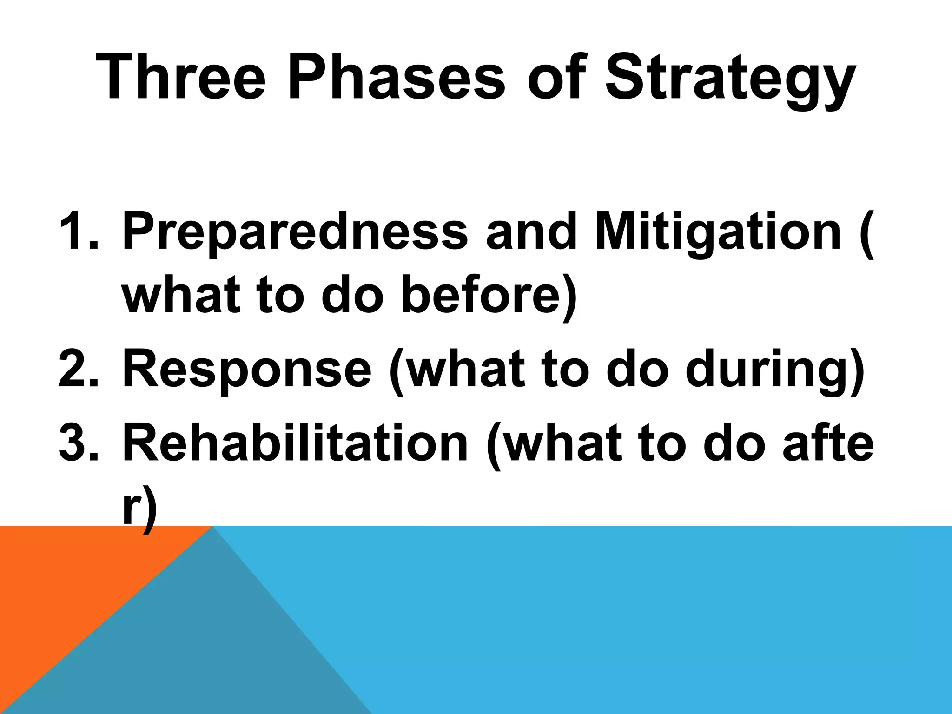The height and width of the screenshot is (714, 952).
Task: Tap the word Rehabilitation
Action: click(x=295, y=443)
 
